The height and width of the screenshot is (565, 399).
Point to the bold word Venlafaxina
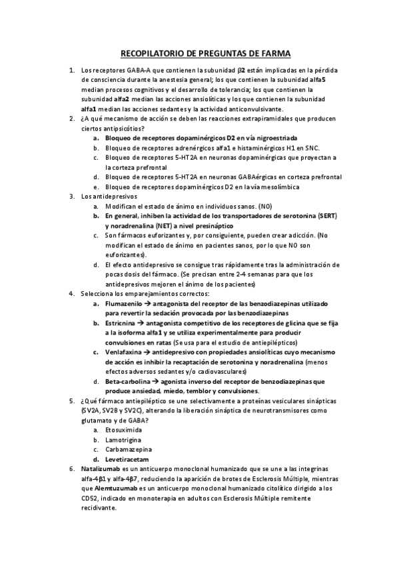(124, 352)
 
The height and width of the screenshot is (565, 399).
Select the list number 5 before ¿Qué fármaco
(72, 400)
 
